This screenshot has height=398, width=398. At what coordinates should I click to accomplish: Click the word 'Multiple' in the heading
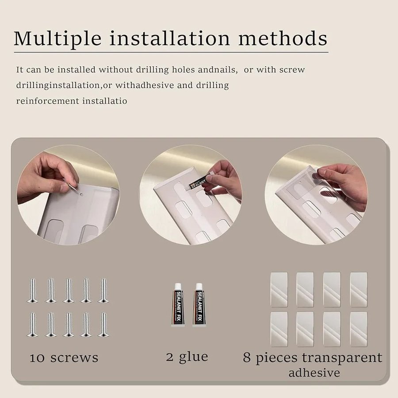click(57, 39)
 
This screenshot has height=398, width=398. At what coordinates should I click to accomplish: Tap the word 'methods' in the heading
click(283, 38)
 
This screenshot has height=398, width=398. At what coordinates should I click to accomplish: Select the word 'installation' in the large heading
click(169, 38)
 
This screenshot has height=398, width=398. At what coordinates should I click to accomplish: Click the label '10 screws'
click(64, 358)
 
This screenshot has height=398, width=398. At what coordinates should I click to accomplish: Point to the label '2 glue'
click(188, 357)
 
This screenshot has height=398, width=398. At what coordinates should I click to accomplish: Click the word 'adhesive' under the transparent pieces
click(314, 373)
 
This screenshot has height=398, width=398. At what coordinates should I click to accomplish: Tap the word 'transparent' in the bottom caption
click(342, 358)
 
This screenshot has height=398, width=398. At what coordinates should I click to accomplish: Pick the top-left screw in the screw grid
click(32, 291)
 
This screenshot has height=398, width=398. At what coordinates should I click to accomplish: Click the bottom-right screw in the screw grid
click(103, 325)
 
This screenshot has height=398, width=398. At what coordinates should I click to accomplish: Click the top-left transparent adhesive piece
click(279, 290)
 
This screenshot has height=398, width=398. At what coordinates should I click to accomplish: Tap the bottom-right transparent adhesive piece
click(359, 329)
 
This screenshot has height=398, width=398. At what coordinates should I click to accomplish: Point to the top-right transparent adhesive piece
click(359, 290)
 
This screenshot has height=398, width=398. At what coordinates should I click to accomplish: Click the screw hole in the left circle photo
click(81, 195)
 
